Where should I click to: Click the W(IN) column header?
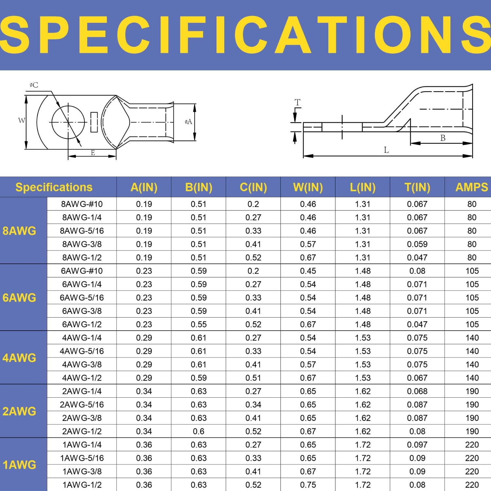click(308, 187)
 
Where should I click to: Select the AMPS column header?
click(472, 187)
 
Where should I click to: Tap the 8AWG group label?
click(19, 231)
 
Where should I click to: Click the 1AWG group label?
click(19, 465)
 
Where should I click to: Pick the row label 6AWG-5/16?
click(82, 298)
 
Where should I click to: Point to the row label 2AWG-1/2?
click(82, 431)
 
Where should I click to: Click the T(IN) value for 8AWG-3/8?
click(417, 244)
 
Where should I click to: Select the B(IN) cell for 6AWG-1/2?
click(199, 324)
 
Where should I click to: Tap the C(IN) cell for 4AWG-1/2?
click(253, 378)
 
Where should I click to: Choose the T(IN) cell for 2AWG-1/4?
click(417, 391)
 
